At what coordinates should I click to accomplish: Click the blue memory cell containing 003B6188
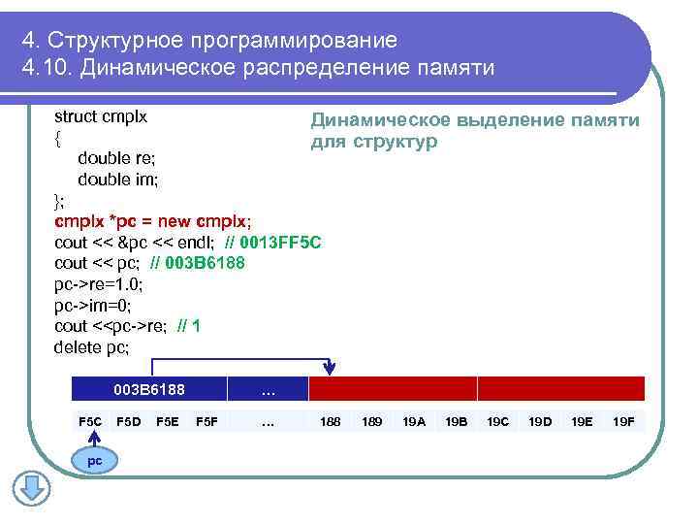(x=149, y=390)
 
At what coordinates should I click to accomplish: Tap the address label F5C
(x=89, y=422)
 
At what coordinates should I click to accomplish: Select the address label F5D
(x=128, y=422)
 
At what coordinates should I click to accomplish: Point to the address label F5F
(x=206, y=422)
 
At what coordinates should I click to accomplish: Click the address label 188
(x=331, y=422)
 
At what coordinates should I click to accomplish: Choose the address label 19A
(x=414, y=422)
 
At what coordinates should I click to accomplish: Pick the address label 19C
(x=497, y=422)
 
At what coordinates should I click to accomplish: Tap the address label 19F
(x=623, y=422)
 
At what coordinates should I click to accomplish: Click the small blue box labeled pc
(x=94, y=461)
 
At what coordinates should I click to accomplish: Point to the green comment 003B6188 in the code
(x=206, y=263)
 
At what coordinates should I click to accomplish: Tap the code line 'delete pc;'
(x=91, y=346)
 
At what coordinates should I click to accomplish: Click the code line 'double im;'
(x=117, y=180)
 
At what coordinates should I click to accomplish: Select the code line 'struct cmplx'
(x=101, y=116)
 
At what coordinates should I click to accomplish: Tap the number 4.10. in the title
(x=46, y=69)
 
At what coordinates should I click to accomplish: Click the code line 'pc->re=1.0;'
(x=98, y=284)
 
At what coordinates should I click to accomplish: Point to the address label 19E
(x=582, y=422)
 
